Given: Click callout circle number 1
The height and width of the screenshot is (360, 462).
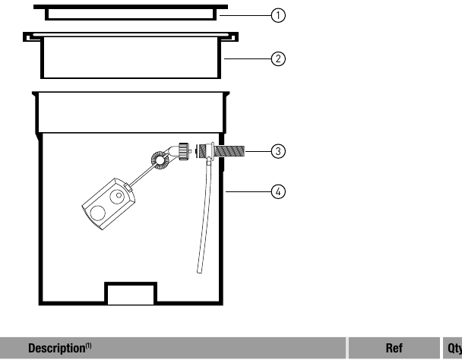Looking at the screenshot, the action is [x=278, y=15].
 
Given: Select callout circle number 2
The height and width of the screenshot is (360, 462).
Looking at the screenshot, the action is [x=278, y=59].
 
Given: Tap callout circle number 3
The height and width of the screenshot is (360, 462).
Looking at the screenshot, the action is [x=278, y=151].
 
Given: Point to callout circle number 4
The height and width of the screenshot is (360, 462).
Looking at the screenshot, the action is [x=278, y=191].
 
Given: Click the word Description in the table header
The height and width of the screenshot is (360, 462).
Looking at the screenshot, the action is [x=56, y=348].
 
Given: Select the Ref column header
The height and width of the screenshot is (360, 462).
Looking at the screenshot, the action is [x=394, y=348].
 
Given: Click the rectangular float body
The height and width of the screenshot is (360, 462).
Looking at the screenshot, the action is [x=109, y=204].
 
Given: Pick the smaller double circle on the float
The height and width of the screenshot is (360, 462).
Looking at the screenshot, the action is [x=118, y=196].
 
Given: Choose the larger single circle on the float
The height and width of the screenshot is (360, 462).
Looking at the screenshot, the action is [x=98, y=213].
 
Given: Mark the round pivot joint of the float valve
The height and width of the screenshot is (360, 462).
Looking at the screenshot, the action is [x=160, y=160].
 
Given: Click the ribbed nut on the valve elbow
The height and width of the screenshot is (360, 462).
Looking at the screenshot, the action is [x=183, y=151].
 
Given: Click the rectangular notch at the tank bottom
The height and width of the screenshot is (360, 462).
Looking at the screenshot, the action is [x=131, y=293].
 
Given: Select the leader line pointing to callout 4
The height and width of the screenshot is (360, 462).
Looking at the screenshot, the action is [x=248, y=191].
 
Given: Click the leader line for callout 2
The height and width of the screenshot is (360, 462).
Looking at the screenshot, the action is [x=248, y=59].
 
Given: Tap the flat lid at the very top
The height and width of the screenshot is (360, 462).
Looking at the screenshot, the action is [x=131, y=12].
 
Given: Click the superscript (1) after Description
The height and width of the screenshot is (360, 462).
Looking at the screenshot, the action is [x=88, y=346].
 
